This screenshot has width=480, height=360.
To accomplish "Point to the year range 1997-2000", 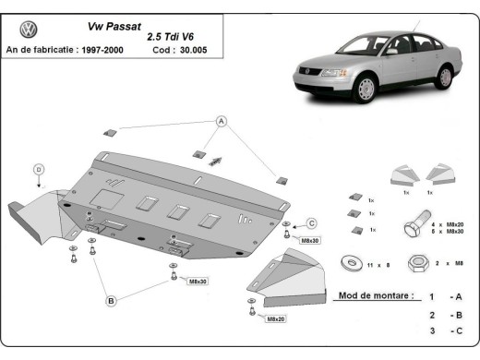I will coord(102,50).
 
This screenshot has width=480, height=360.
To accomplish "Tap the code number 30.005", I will coord(192,50).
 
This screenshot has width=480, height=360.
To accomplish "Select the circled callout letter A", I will coord(222,122).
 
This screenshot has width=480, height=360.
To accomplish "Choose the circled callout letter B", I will coord(110,300).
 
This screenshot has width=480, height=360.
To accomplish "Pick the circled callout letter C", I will coord(311,223).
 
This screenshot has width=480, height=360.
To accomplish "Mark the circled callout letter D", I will coord(39,169).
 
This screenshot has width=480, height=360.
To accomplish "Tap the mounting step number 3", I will coord(430,330).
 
